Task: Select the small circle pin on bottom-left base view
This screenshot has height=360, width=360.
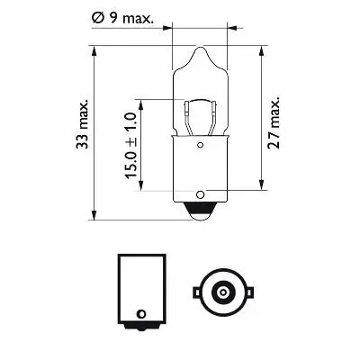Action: (x=139, y=314)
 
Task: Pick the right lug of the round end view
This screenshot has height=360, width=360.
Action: (x=244, y=291)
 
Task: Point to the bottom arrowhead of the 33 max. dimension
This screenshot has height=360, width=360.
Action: (x=94, y=216)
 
